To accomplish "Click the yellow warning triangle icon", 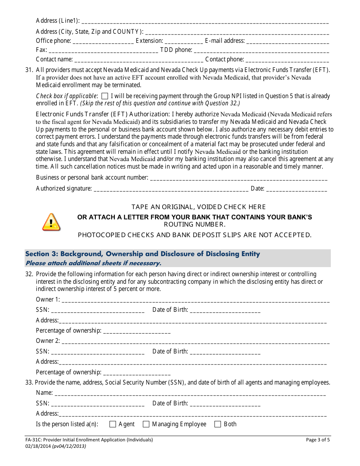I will tap(51, 222).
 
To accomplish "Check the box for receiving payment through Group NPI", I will tap(105, 96).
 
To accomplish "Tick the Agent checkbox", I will tap(113, 424).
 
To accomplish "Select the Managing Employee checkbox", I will tap(146, 424).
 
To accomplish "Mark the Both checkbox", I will tap(218, 424).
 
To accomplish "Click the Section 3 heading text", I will tap(142, 254).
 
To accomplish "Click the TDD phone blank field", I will tap(261, 50).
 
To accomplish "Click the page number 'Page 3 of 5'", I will tap(318, 440).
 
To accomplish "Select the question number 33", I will tap(29, 383).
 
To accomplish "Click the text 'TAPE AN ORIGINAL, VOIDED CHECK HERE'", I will tap(199, 207).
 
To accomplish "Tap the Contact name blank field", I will tap(139, 60).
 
